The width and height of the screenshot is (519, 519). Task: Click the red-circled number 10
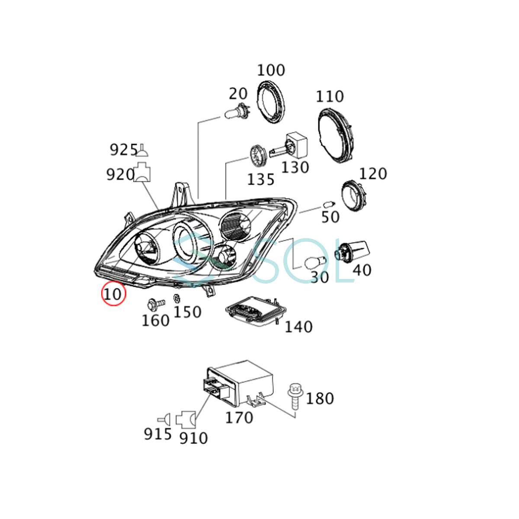(113, 294)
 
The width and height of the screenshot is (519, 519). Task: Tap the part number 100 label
(271, 70)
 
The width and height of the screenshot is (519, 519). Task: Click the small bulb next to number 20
(237, 112)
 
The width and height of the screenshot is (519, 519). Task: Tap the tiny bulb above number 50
(329, 204)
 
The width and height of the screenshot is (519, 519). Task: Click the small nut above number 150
(176, 298)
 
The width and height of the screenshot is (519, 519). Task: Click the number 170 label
(239, 418)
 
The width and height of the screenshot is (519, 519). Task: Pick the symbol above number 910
(186, 420)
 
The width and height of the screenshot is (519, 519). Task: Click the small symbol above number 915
(164, 420)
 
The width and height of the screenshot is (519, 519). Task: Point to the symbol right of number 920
(142, 172)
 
